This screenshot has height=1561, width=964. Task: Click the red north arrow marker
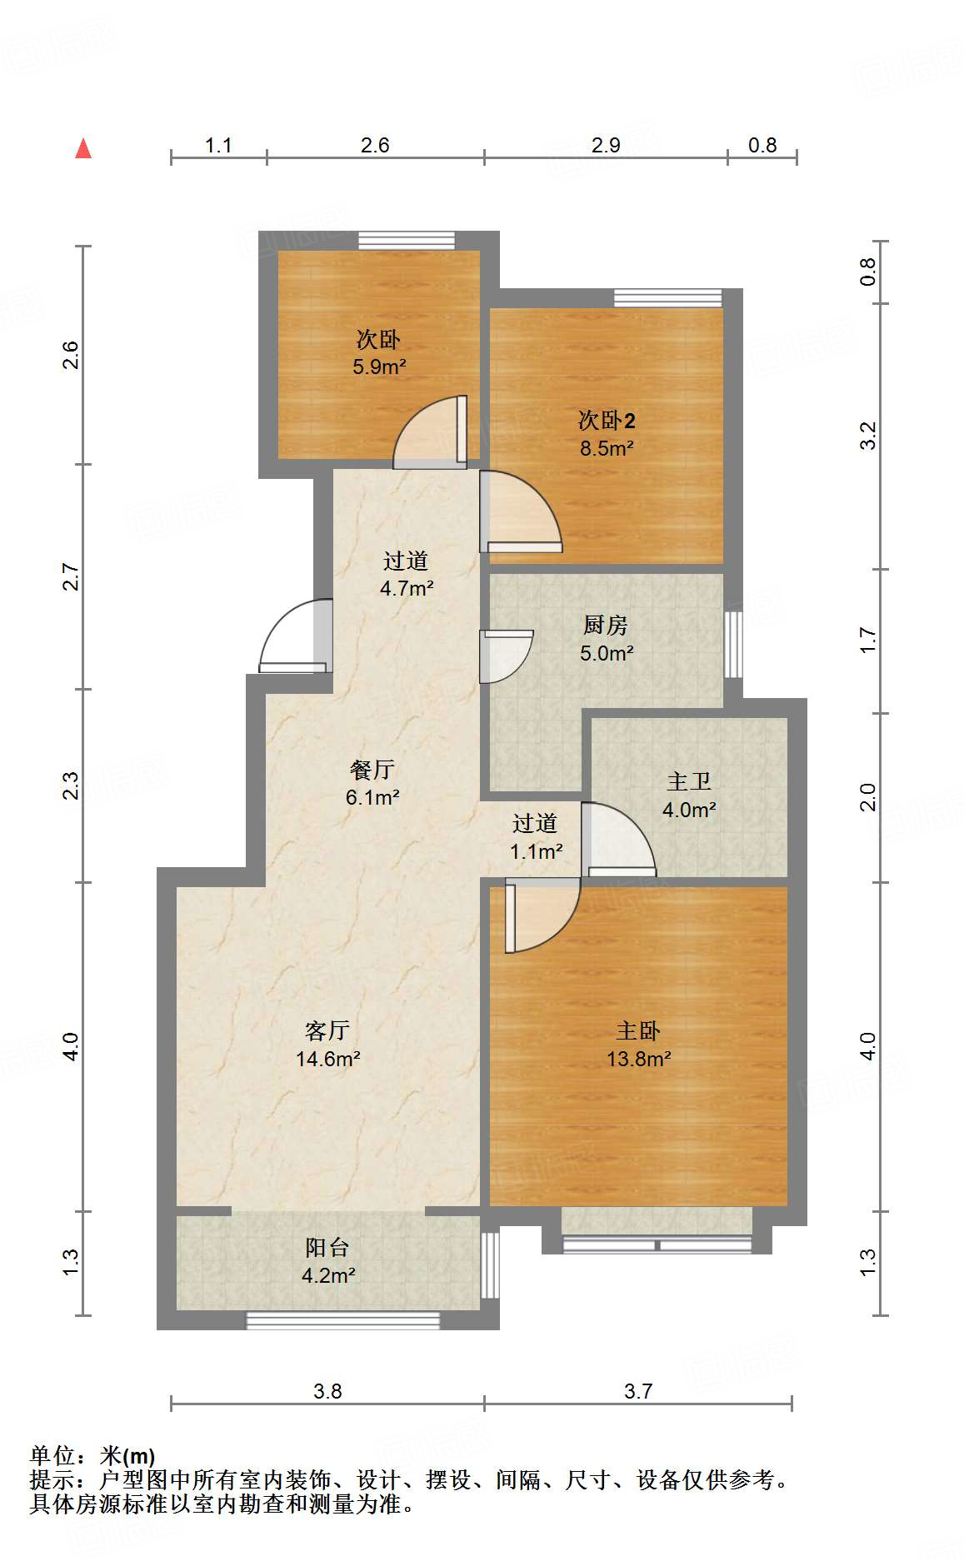click(83, 148)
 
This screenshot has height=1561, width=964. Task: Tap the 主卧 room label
click(638, 1031)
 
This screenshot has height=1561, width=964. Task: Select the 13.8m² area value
click(638, 1059)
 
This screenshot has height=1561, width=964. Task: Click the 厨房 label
click(606, 625)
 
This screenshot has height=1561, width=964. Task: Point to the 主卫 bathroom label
click(689, 781)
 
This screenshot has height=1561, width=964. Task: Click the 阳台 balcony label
click(327, 1247)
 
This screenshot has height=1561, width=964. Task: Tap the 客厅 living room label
click(327, 1031)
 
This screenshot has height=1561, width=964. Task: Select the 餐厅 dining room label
click(372, 770)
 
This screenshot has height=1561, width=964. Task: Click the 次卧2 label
click(607, 420)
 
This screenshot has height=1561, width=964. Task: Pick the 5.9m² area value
click(379, 367)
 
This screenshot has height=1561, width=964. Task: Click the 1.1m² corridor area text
click(536, 851)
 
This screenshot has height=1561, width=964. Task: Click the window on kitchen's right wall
click(732, 645)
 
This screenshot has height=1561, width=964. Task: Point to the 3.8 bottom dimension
click(327, 1391)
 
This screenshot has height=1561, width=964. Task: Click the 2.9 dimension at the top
click(606, 145)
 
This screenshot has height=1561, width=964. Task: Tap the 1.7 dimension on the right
click(868, 640)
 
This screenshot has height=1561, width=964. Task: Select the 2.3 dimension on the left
click(72, 785)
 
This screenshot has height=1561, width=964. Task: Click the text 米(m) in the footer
click(127, 1456)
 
